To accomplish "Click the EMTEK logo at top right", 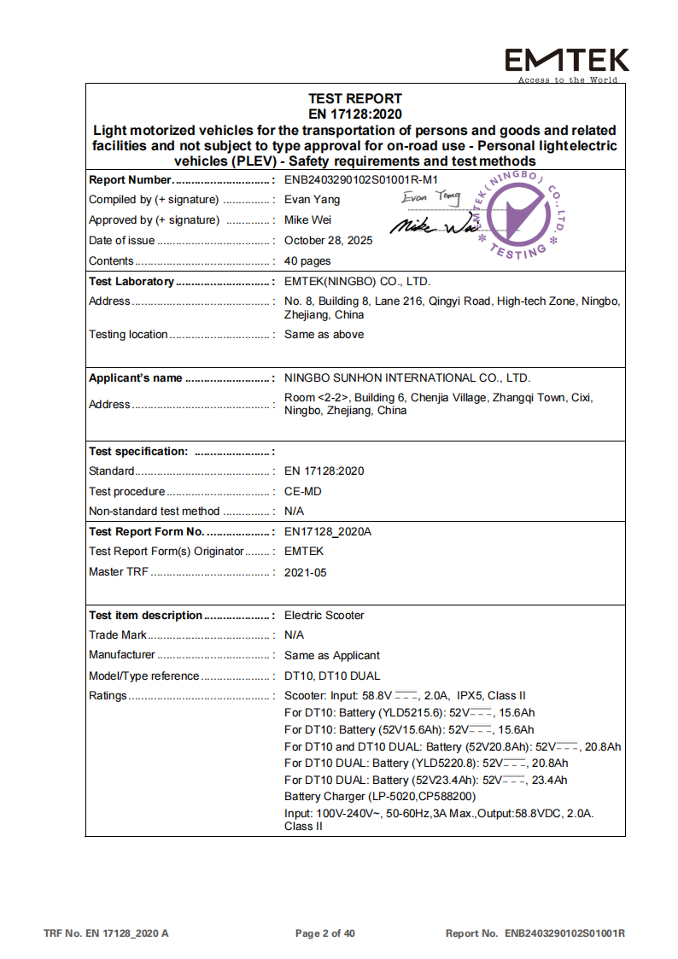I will pyautogui.click(x=567, y=61).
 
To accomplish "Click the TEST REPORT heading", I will pyautogui.click(x=354, y=98).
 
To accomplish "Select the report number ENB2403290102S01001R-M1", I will pyautogui.click(x=360, y=179).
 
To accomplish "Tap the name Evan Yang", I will pyautogui.click(x=312, y=200).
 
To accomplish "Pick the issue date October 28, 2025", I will pyautogui.click(x=329, y=241).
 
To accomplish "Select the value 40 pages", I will pyautogui.click(x=307, y=261).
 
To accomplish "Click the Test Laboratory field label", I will pyautogui.click(x=132, y=282).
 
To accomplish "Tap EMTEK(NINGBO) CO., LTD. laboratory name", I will pyautogui.click(x=358, y=282).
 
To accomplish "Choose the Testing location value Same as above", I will pyautogui.click(x=324, y=335).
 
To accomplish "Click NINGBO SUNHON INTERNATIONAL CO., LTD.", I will pyautogui.click(x=407, y=378).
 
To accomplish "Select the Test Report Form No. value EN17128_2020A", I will pyautogui.click(x=328, y=532).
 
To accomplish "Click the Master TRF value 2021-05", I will pyautogui.click(x=306, y=573).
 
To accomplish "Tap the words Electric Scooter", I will pyautogui.click(x=324, y=616).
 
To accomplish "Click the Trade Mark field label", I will pyautogui.click(x=118, y=635).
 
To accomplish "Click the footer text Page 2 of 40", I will pyautogui.click(x=324, y=933).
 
